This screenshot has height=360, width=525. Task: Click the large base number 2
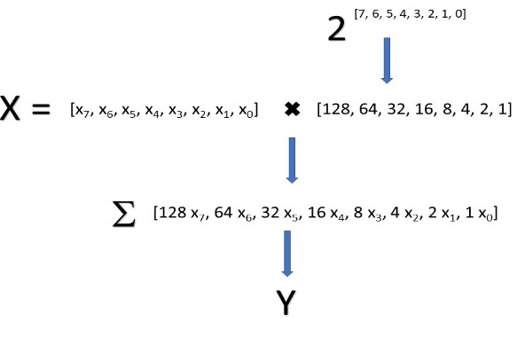(x=336, y=29)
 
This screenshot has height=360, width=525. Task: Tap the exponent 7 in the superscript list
(x=361, y=14)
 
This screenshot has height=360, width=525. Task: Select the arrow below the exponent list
(x=387, y=60)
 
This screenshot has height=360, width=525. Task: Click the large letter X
(x=10, y=107)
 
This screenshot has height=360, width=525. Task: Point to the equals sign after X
(x=41, y=109)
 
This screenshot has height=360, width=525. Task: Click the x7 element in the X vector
(x=82, y=111)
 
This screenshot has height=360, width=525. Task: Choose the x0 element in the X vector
(x=246, y=111)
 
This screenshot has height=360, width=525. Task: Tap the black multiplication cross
(x=292, y=109)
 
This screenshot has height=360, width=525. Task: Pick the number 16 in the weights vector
(x=423, y=109)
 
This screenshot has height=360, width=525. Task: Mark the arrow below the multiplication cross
(x=292, y=160)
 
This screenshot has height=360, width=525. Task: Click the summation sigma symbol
(x=124, y=215)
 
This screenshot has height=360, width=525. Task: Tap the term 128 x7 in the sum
(x=181, y=213)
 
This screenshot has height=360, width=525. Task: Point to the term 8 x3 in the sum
(x=368, y=213)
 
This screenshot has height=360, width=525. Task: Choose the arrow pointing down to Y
(x=287, y=254)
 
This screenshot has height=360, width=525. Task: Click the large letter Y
(x=286, y=302)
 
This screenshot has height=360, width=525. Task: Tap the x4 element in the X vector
(x=153, y=111)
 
